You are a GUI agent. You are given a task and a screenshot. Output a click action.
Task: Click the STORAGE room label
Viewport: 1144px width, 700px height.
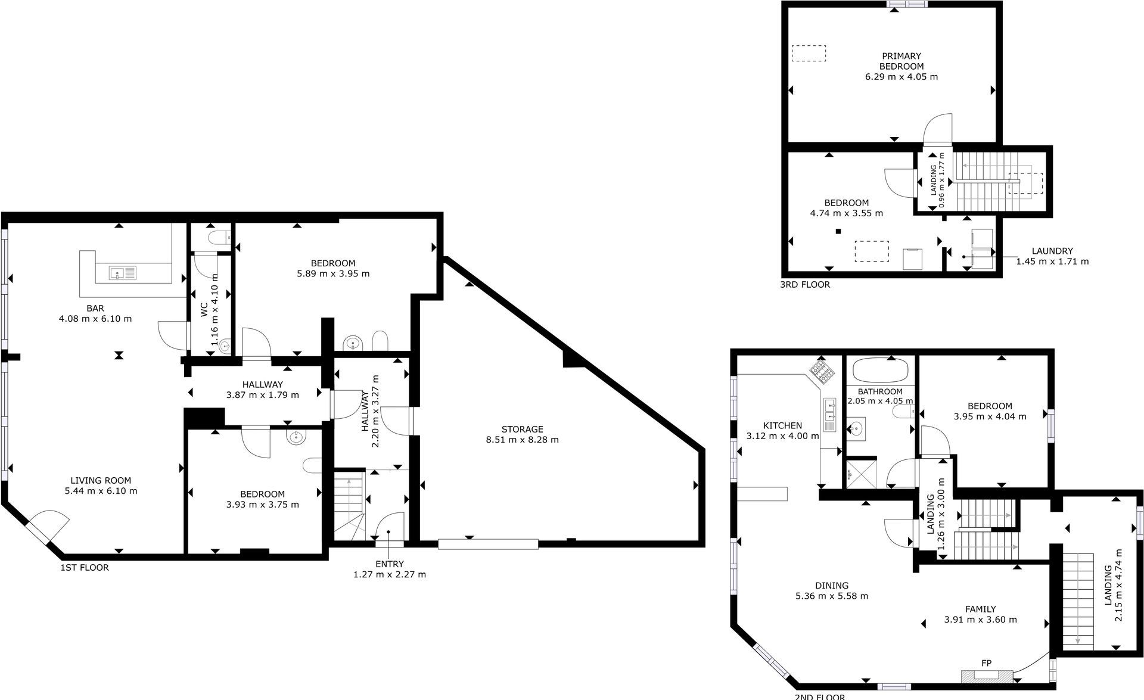tap(522, 429)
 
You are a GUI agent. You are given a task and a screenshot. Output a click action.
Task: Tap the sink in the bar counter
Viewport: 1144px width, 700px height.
tap(123, 273)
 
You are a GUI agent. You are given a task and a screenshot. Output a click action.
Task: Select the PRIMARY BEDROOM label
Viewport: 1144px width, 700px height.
tap(901, 61)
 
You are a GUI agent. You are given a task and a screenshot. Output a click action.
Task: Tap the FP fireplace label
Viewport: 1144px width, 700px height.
tap(986, 663)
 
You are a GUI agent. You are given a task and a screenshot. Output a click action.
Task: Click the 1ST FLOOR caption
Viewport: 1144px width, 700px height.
tap(85, 568)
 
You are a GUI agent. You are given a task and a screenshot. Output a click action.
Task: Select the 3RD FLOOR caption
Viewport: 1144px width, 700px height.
tap(805, 285)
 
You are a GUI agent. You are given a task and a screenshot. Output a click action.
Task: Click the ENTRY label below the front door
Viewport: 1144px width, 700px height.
tap(390, 564)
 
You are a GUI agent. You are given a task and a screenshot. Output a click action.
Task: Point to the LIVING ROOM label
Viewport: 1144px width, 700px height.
tap(101, 481)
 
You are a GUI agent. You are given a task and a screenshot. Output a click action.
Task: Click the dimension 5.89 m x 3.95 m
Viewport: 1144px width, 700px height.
tap(333, 274)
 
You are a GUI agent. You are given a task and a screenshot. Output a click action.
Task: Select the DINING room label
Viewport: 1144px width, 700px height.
tap(832, 586)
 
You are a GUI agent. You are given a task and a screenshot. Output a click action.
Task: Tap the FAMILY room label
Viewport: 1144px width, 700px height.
tap(980, 609)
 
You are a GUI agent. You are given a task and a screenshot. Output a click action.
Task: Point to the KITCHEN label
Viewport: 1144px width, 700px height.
tap(782, 426)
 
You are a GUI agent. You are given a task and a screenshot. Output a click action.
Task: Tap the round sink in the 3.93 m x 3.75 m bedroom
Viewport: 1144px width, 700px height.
tap(296, 438)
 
